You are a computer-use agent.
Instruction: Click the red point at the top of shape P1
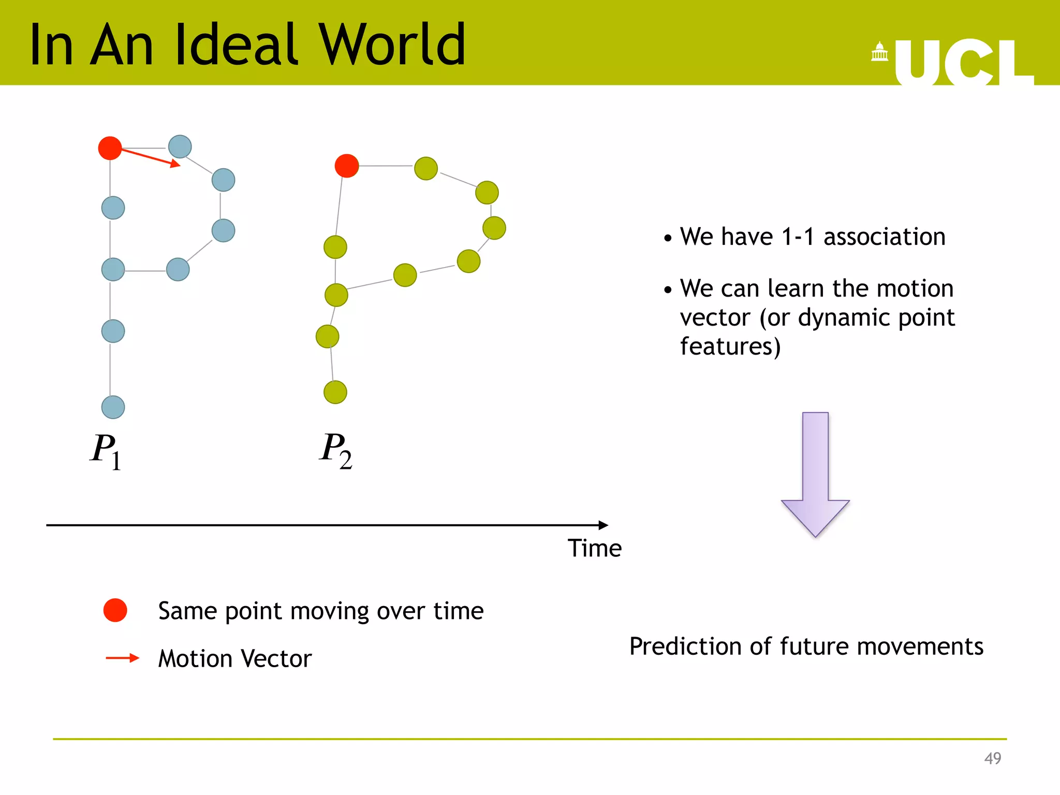coord(110,148)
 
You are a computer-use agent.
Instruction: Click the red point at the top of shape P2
coord(347,166)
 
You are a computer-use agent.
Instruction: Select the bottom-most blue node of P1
coord(113,407)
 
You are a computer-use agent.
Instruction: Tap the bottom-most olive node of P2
coord(335,392)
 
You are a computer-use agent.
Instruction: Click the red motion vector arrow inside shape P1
coord(151,158)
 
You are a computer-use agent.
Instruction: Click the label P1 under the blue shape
coord(106,450)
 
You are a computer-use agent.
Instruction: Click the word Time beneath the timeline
coord(594,548)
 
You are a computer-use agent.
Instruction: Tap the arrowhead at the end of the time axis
coord(603,525)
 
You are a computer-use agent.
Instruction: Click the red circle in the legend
coord(115,610)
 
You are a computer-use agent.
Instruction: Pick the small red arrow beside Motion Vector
coord(123,658)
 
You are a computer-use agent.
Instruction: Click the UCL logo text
coord(963,63)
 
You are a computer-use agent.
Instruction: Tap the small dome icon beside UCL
coord(879,52)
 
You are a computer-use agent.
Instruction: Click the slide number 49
coord(992,758)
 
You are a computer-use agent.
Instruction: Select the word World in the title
coord(392,46)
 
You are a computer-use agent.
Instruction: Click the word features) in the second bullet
coord(730,346)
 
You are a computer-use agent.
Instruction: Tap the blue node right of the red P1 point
coord(180,146)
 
